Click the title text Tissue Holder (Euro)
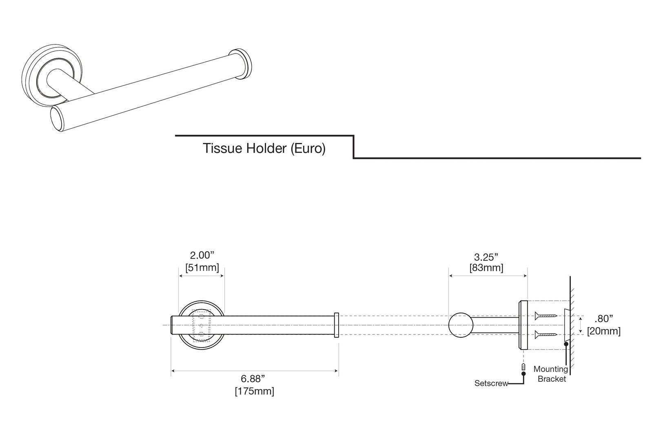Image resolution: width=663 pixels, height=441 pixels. click(x=264, y=148)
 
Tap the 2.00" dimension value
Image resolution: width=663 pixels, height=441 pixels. click(x=202, y=256)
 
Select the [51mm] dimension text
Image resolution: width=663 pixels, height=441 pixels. click(x=202, y=268)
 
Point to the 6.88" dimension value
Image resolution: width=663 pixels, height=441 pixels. click(x=254, y=379)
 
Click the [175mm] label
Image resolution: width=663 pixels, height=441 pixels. click(x=254, y=391)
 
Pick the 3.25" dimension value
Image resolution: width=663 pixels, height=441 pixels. click(x=486, y=257)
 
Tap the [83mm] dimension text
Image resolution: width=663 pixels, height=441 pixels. click(x=486, y=268)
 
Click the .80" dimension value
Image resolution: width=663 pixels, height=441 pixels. click(x=603, y=318)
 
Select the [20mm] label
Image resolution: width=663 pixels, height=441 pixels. click(x=603, y=331)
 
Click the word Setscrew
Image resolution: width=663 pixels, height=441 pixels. click(x=491, y=383)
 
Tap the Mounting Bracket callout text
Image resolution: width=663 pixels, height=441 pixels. click(x=551, y=374)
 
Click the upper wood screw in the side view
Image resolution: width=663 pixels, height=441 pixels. click(x=546, y=315)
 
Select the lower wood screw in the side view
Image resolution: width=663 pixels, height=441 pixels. click(x=546, y=335)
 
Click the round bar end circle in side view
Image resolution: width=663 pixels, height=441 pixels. click(x=461, y=325)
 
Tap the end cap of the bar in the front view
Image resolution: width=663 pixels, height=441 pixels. click(x=336, y=325)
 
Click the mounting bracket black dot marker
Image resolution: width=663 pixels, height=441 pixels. click(x=566, y=344)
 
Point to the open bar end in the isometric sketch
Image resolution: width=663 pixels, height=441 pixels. click(x=57, y=119)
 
